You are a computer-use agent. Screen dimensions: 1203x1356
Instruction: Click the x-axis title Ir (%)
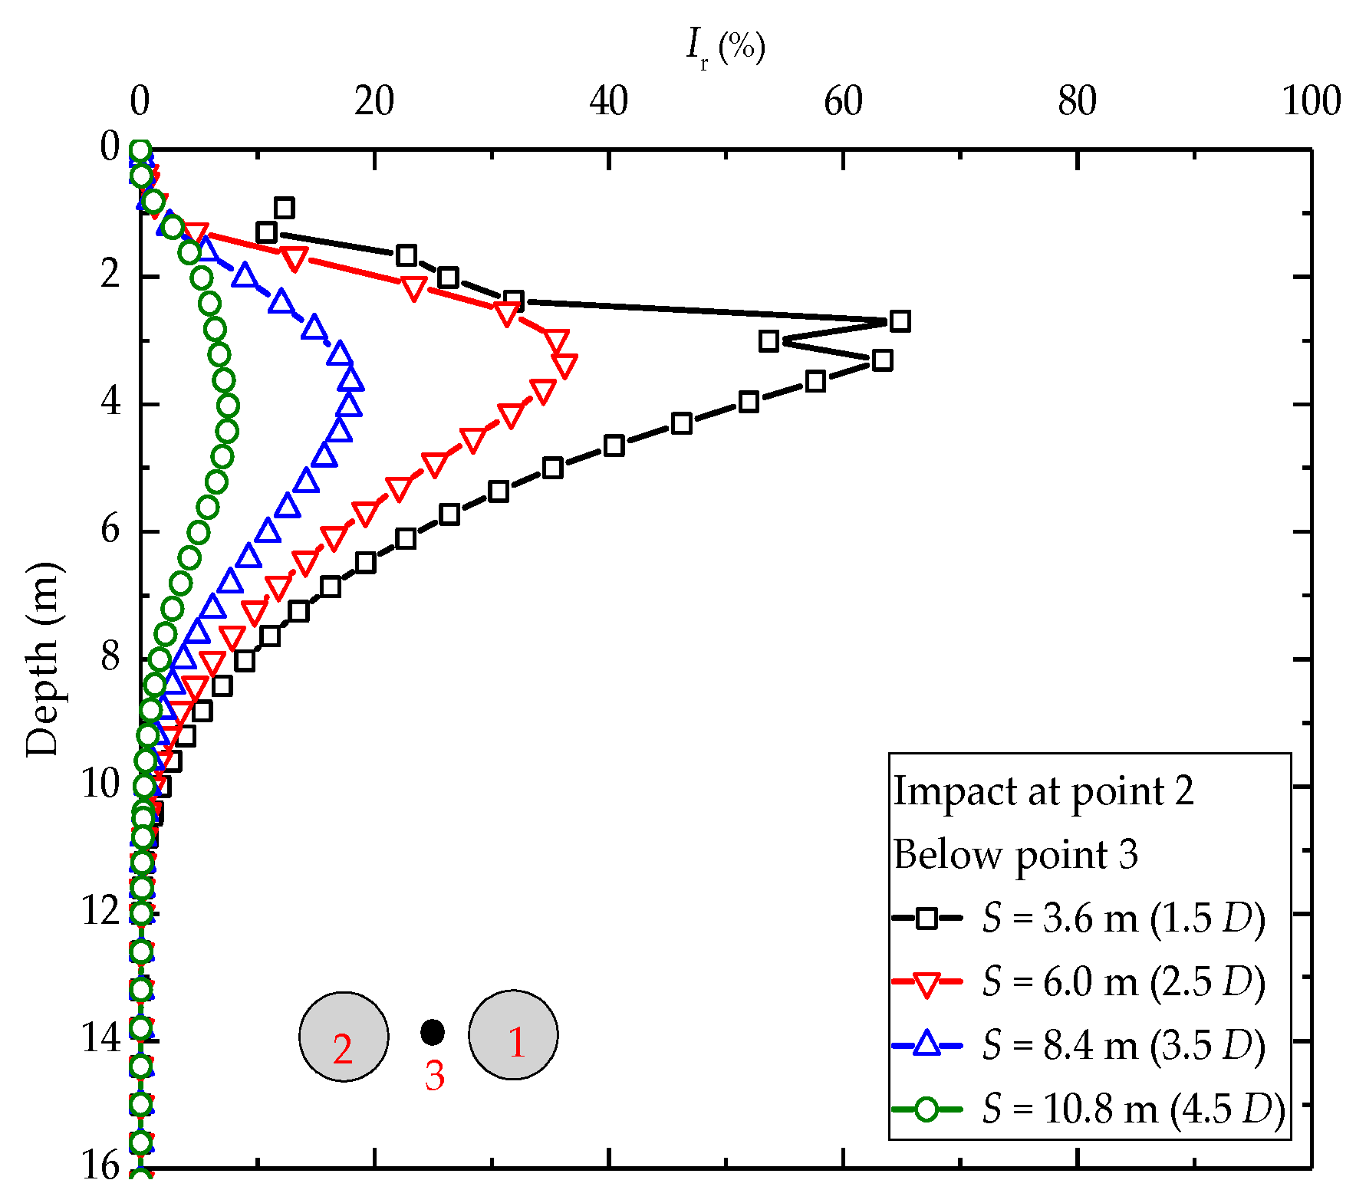point(725,48)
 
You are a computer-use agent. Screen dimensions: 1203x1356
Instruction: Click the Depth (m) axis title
point(43,659)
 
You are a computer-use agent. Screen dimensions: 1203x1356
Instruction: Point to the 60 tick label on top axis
point(843,102)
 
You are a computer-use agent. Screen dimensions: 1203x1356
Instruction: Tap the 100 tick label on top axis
point(1311,102)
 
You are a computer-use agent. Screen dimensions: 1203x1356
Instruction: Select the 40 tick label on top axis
point(608,102)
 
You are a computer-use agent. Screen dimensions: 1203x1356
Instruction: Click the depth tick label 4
point(110,402)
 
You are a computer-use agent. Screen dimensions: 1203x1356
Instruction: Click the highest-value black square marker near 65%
point(900,321)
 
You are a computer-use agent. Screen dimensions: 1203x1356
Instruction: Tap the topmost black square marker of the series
point(285,208)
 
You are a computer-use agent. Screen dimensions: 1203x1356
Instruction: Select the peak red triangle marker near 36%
point(564,365)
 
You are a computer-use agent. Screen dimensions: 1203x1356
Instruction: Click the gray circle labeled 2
point(344,1037)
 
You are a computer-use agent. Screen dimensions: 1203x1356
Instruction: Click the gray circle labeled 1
point(513,1035)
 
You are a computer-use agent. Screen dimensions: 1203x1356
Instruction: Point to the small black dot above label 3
point(433,1032)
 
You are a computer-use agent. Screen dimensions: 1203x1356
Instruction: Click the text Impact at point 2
point(1043,791)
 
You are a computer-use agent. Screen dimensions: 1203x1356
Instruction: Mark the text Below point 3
point(1015,855)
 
